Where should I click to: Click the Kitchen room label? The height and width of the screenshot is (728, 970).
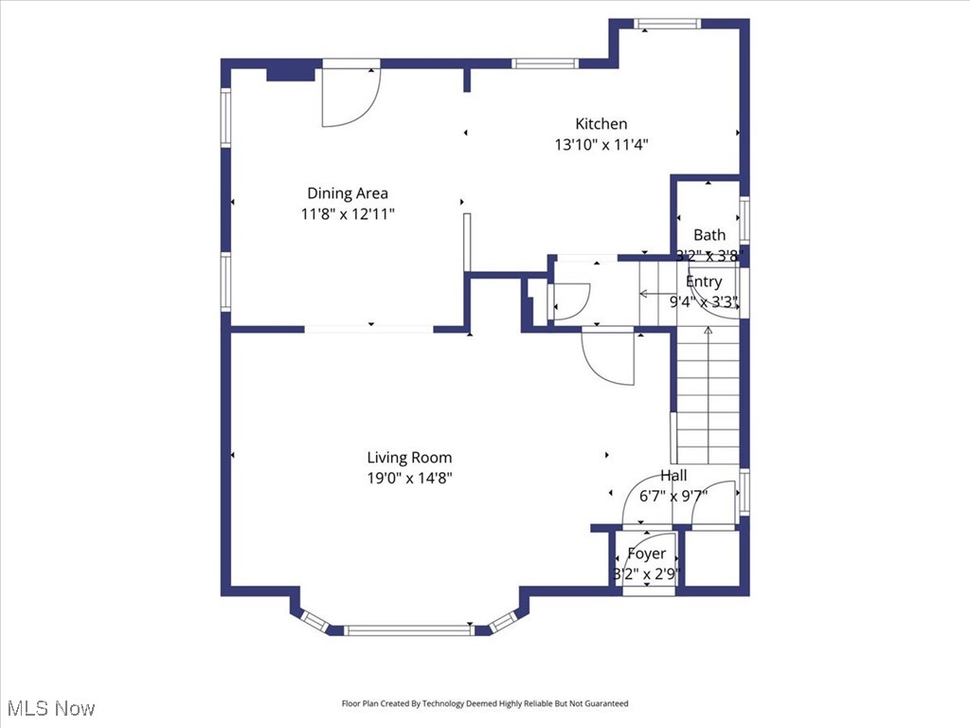pyautogui.click(x=601, y=124)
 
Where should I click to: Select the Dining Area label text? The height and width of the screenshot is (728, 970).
pyautogui.click(x=347, y=193)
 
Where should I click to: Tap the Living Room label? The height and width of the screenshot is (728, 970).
pyautogui.click(x=409, y=458)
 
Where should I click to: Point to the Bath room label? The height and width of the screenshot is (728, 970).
pyautogui.click(x=709, y=235)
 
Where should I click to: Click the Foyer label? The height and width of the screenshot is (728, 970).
pyautogui.click(x=646, y=554)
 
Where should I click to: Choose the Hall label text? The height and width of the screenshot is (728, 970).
pyautogui.click(x=674, y=476)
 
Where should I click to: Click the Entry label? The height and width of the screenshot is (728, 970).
pyautogui.click(x=704, y=282)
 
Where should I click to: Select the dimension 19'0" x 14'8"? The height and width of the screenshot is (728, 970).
pyautogui.click(x=409, y=479)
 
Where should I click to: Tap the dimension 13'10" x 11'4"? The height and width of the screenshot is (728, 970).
pyautogui.click(x=601, y=145)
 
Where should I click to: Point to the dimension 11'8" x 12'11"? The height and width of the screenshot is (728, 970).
pyautogui.click(x=347, y=214)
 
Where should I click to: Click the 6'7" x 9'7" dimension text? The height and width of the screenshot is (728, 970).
pyautogui.click(x=674, y=495)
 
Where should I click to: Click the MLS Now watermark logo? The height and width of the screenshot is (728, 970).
pyautogui.click(x=51, y=708)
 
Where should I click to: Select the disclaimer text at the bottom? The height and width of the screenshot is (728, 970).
pyautogui.click(x=484, y=703)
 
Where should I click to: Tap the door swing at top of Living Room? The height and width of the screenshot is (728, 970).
pyautogui.click(x=604, y=356)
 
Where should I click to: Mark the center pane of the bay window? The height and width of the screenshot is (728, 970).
pyautogui.click(x=408, y=629)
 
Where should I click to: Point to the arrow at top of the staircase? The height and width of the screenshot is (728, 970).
pyautogui.click(x=708, y=331)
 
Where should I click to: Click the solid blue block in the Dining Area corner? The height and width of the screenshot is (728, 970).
pyautogui.click(x=291, y=72)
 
